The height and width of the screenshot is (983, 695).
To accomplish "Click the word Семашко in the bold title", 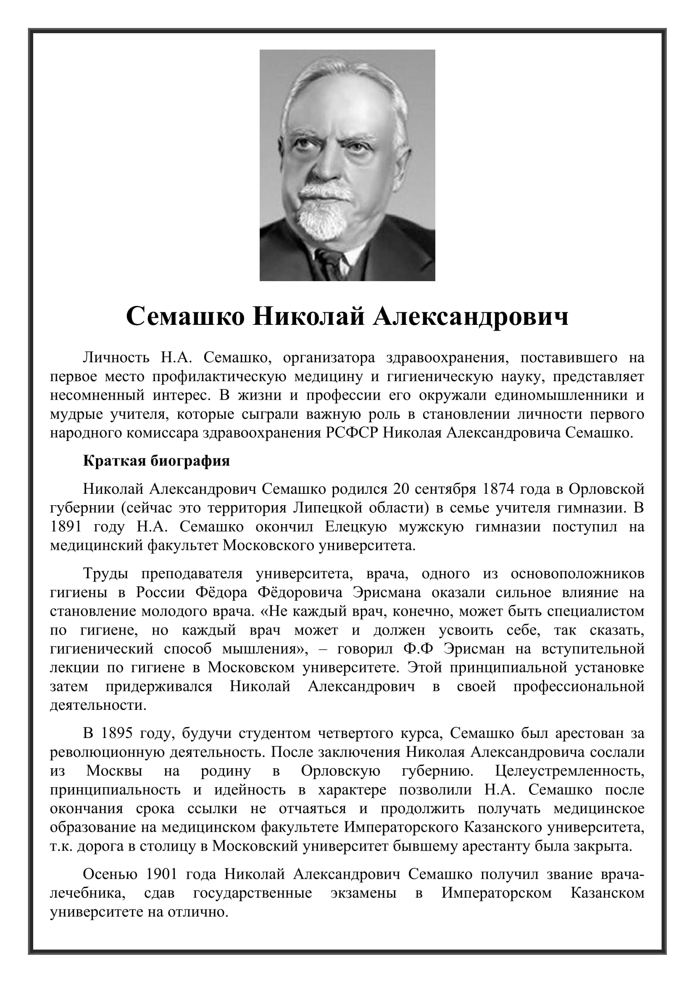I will point(185,317).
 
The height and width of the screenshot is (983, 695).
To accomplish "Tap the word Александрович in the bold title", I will point(471,317).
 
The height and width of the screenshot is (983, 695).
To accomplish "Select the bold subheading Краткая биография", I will point(156,461).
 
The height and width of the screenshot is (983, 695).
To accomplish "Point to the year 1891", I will point(66,526).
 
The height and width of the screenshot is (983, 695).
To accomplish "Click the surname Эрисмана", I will point(387,592).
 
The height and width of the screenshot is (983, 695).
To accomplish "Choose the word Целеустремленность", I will point(570,771).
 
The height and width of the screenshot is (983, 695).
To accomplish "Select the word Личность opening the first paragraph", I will point(116,357).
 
